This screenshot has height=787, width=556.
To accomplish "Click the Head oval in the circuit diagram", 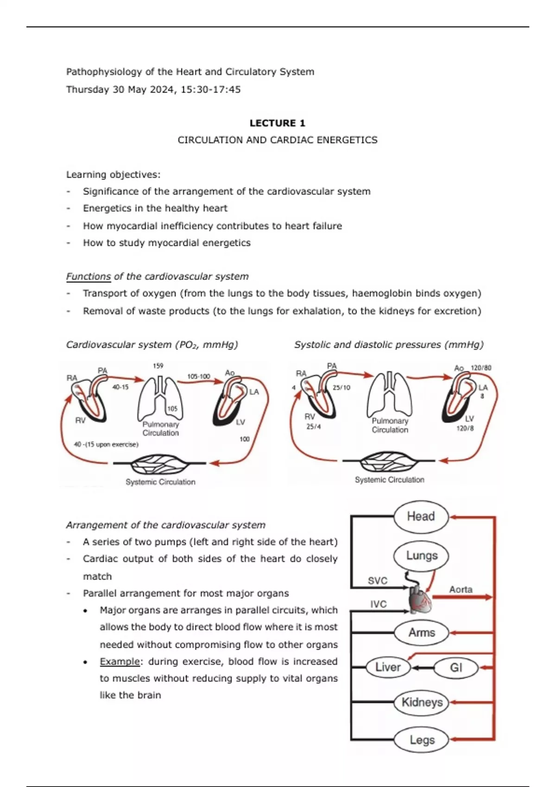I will click(421, 516).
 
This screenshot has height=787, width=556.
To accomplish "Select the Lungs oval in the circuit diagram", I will click(421, 556).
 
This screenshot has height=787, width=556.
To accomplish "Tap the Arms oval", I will click(421, 632).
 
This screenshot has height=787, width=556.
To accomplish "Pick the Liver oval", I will click(388, 667).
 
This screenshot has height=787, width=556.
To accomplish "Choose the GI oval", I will click(456, 668).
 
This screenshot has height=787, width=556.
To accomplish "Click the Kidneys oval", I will click(422, 702).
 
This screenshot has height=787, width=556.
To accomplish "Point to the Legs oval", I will click(422, 740).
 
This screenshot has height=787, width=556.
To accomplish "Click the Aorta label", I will click(461, 589).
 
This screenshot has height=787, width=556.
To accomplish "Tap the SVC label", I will click(377, 581).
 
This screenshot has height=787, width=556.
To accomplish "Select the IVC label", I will click(378, 604).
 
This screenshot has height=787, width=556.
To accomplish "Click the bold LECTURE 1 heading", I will click(277, 123).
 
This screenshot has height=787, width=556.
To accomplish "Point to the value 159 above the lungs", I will click(158, 366).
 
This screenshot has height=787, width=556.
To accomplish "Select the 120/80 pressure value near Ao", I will click(481, 368).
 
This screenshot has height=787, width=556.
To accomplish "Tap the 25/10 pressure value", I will click(341, 387).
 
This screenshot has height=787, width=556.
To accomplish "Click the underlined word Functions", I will click(88, 276).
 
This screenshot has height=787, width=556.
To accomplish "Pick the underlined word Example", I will click(120, 662).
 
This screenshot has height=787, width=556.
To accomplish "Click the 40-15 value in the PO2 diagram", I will click(120, 387).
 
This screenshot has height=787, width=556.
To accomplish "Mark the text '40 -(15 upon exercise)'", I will click(106, 444).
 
